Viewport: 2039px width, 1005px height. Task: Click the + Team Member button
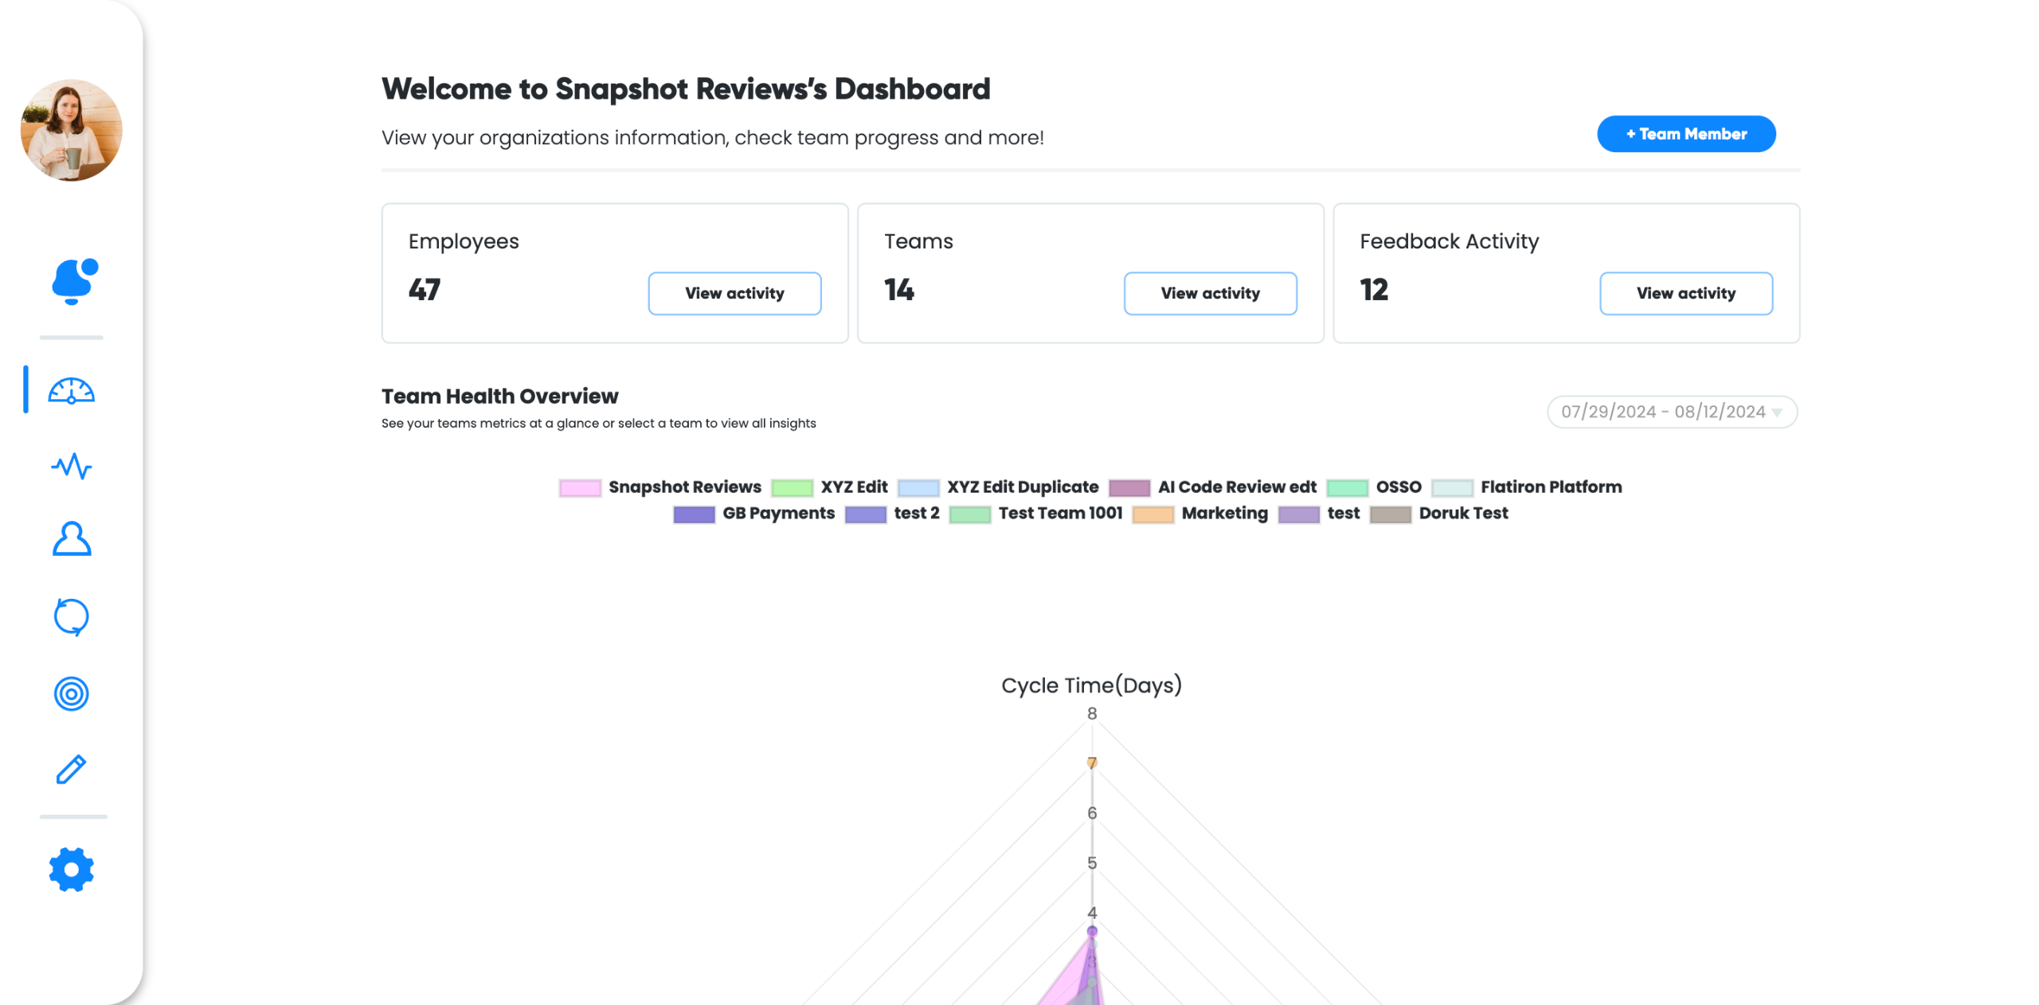[1685, 134]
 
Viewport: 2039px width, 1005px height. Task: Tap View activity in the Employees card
[734, 293]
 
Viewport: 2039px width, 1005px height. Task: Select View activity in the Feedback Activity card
[1685, 293]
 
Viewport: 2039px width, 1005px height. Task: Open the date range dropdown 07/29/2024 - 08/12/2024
[1671, 412]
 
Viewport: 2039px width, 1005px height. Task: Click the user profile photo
[71, 130]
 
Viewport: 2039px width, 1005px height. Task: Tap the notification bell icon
[72, 281]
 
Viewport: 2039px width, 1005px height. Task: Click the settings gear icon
[71, 869]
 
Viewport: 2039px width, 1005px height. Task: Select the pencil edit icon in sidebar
[71, 769]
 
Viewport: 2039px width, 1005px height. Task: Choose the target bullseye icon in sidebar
[71, 694]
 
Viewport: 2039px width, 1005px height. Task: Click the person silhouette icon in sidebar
[71, 539]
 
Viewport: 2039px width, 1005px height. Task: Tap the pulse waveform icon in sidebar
[71, 466]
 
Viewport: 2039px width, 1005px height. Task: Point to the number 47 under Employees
[425, 290]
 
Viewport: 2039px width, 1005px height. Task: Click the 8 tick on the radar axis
[1091, 714]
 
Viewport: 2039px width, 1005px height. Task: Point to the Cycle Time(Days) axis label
[1091, 685]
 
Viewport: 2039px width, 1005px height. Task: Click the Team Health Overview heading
[499, 396]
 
